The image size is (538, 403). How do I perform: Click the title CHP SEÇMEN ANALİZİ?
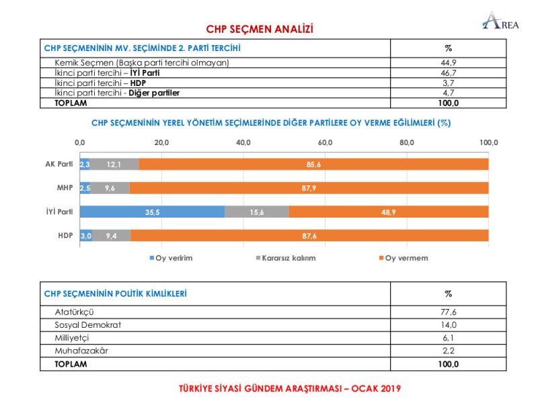point(260,29)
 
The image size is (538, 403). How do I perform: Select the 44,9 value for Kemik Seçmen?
point(449,63)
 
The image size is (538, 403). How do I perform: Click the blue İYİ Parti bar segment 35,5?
point(152,212)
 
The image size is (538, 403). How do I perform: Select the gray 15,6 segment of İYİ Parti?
point(257,212)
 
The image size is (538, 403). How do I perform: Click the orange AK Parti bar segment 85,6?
point(313,164)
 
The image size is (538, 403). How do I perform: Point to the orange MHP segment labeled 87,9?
point(309,188)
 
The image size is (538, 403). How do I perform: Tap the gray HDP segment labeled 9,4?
point(111,236)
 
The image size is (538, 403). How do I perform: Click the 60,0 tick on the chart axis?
point(325,142)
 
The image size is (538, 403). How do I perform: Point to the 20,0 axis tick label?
point(161,142)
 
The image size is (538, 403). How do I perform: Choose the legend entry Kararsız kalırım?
point(287,258)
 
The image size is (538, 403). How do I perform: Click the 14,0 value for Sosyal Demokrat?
point(449,325)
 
